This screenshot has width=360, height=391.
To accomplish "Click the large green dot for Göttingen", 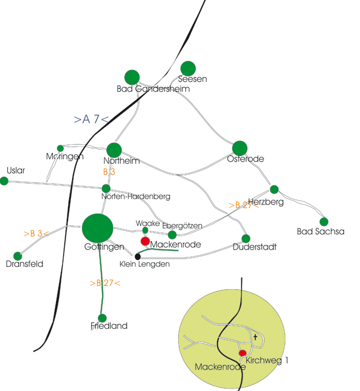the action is (98, 228).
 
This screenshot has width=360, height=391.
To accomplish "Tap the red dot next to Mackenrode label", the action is (145, 241).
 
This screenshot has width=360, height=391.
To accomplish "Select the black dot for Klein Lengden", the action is (138, 256).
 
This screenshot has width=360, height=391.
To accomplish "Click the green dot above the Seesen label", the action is (188, 69).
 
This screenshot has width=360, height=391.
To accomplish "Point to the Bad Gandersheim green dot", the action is (132, 77).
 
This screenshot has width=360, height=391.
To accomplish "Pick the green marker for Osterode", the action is (240, 148).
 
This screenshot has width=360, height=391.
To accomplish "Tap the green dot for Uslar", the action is (4, 181).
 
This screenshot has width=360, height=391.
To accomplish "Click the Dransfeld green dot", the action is (17, 256).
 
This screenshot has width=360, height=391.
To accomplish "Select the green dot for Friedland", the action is (102, 318).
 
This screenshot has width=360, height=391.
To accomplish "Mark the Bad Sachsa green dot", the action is (324, 222).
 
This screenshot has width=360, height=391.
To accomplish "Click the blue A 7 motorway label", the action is (91, 119).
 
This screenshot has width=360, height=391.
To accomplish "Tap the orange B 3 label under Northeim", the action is (109, 172).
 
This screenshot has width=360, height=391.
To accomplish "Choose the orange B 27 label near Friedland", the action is (105, 283).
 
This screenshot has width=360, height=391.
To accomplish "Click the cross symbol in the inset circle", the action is (255, 337).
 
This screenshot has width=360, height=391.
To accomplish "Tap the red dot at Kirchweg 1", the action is (243, 353).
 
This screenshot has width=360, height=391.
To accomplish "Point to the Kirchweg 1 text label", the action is (267, 361).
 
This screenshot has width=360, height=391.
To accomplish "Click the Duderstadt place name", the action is (255, 247).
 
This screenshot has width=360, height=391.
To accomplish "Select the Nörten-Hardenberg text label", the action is (136, 197).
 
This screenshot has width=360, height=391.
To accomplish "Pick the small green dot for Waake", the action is (145, 230).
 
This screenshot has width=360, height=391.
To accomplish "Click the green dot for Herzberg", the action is (274, 190).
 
